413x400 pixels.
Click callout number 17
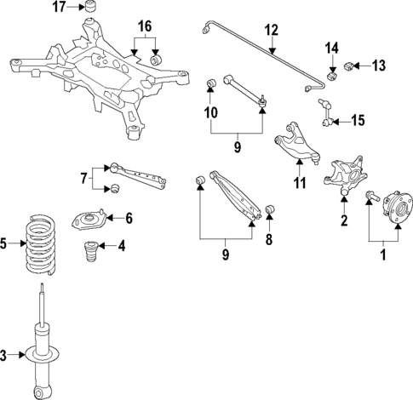(x=59, y=8)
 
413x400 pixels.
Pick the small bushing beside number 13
(x=350, y=65)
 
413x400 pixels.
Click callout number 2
(x=343, y=223)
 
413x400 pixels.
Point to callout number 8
(x=269, y=240)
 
